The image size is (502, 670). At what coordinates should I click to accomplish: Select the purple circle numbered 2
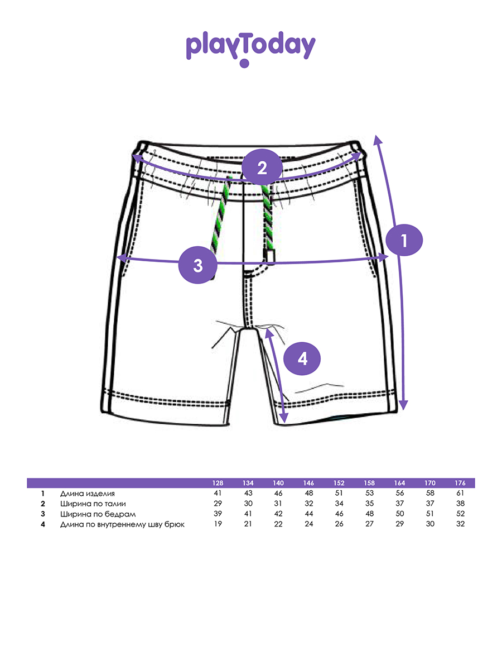point(262,167)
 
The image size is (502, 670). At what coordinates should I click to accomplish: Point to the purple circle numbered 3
point(197,265)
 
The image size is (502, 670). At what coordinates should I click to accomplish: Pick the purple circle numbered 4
point(302,358)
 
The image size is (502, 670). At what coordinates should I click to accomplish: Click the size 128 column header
point(218,483)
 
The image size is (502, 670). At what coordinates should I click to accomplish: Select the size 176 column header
point(460,483)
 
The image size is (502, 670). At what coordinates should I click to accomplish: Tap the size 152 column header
point(339,483)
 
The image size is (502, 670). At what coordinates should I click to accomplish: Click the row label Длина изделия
point(88,494)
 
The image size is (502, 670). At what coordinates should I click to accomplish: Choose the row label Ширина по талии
point(89,504)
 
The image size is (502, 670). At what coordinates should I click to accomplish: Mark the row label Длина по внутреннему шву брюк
point(122,524)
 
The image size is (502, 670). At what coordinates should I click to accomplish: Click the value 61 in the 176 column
point(460,494)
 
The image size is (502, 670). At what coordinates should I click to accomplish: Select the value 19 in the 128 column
point(218,524)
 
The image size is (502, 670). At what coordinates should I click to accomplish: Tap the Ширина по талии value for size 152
point(339,504)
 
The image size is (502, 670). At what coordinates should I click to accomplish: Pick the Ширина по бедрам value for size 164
point(399,514)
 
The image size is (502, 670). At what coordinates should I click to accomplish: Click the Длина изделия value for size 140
point(278,494)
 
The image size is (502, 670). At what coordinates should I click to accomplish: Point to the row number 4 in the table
point(42,524)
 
